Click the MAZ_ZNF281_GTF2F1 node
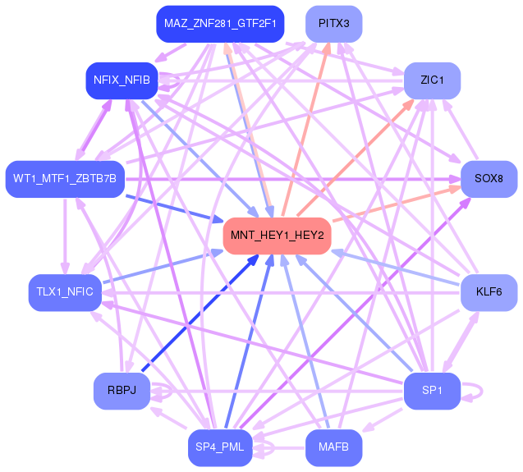pos(220,24)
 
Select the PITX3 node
pos(334,24)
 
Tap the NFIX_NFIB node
pos(122,80)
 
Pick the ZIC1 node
pos(432,80)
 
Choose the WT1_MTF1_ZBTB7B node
pos(65,178)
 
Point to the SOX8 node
pos(489,178)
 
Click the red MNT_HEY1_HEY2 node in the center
pos(278,236)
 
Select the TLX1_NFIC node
pos(65,292)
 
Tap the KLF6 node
pos(489,292)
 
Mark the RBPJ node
pos(122,390)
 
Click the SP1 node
pos(432,390)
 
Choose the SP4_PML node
pos(220,447)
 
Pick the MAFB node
pos(334,447)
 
